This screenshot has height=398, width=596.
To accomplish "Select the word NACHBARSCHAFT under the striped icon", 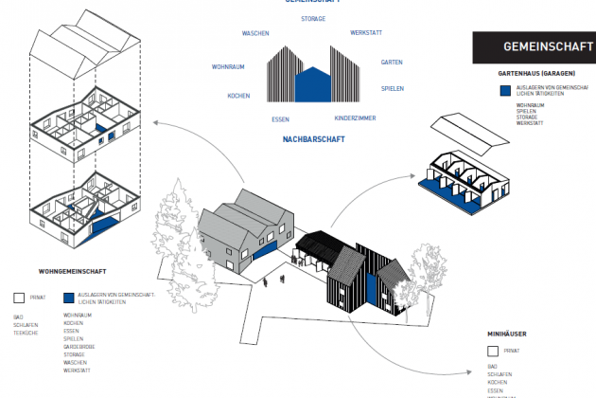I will (312, 139).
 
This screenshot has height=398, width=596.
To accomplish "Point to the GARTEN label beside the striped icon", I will (392, 63).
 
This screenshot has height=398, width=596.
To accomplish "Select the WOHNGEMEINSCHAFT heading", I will (72, 271).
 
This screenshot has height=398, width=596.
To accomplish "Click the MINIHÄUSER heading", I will (506, 335).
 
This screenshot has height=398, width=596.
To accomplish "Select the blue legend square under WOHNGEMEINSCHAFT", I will (68, 297).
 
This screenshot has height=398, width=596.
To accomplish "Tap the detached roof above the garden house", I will (473, 134).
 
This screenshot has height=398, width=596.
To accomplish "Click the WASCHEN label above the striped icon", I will (255, 33).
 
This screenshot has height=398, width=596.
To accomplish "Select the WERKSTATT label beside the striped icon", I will (365, 33).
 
